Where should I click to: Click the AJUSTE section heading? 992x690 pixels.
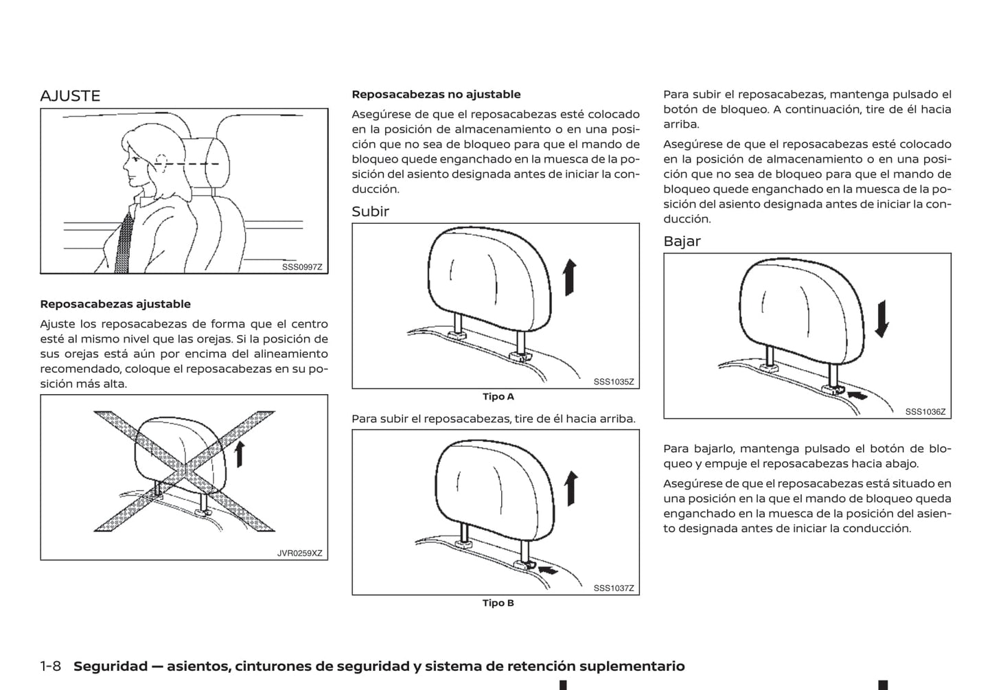coord(70,96)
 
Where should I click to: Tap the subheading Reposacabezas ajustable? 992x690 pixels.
coord(115,304)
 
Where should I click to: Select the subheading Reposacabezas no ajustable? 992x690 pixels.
coord(436,95)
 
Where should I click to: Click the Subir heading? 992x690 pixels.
coord(370,211)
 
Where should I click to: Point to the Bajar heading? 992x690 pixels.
coord(682,241)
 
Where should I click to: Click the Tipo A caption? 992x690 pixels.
coord(498,397)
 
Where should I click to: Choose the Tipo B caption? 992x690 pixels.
coord(498,603)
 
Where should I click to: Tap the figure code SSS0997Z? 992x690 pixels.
coord(301,267)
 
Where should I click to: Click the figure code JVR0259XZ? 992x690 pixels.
coord(299,553)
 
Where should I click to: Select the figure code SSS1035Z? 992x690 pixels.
coord(614,382)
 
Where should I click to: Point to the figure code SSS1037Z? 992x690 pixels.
coord(614,588)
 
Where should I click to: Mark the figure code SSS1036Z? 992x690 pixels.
coord(925,412)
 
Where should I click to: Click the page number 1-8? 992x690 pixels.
coord(51,666)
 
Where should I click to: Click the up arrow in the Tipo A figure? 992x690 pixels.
coord(569,277)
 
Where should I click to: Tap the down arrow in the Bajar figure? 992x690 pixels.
coord(882,319)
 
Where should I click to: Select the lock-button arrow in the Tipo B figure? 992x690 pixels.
coord(549,569)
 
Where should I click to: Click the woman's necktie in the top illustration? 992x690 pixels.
coord(124,243)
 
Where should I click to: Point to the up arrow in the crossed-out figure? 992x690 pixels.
coord(240,454)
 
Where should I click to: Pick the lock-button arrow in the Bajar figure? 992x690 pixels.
coord(857,395)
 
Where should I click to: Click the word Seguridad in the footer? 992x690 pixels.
coord(111,666)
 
